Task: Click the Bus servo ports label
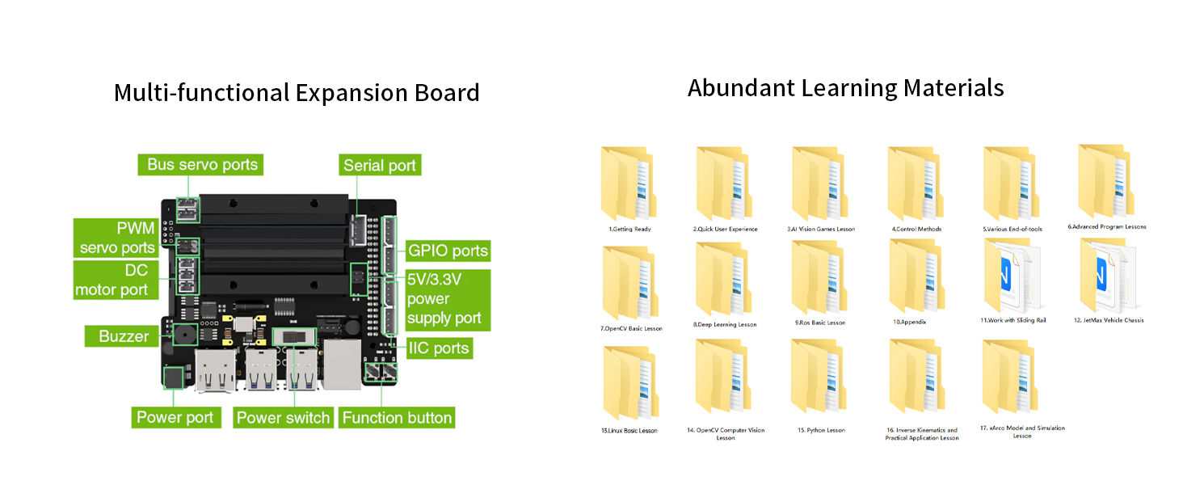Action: [x=202, y=165]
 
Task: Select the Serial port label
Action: [x=379, y=166]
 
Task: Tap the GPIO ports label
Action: [x=448, y=251]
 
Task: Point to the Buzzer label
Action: [x=124, y=336]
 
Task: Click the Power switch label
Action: [x=283, y=418]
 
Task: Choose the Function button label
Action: [x=397, y=418]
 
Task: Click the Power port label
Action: [x=175, y=418]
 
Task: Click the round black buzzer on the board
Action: [x=181, y=335]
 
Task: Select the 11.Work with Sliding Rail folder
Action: [x=1011, y=276]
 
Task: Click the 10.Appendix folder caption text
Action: [x=909, y=322]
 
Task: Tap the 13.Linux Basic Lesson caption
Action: [x=629, y=431]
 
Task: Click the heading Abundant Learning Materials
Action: [x=845, y=87]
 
